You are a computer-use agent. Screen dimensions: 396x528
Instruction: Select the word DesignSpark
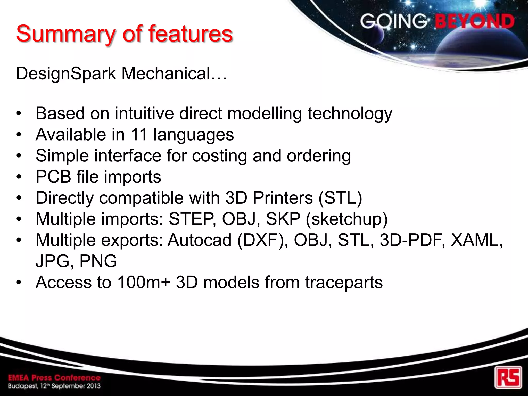coord(66,74)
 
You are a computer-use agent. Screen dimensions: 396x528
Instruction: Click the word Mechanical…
coord(174,73)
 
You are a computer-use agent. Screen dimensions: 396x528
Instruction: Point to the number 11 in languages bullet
coord(139,134)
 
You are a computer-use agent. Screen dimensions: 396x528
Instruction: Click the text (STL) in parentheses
coord(340,198)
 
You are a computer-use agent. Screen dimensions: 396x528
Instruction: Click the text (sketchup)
coord(346,219)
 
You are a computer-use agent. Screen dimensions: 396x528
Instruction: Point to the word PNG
coord(98,261)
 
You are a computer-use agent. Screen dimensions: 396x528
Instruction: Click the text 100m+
coord(144,282)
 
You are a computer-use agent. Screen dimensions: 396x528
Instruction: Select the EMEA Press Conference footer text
coord(54,378)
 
